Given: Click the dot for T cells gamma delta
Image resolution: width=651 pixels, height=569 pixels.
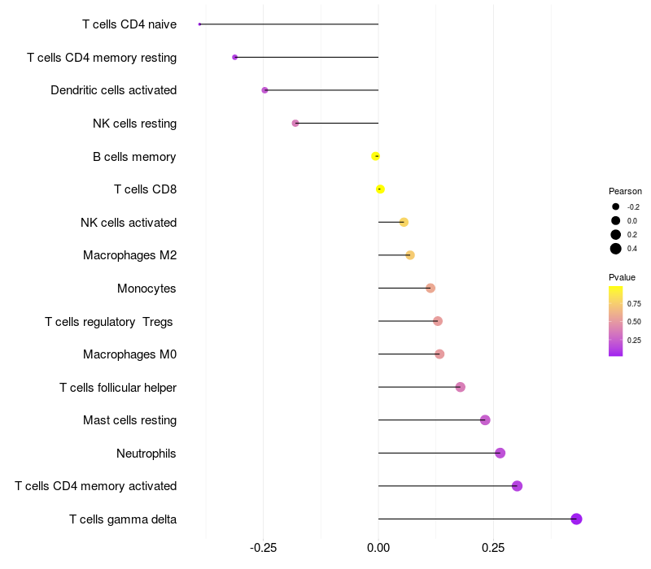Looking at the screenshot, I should pos(576,519).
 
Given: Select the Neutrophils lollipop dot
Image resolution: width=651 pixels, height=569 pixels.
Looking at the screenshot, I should pos(500,453).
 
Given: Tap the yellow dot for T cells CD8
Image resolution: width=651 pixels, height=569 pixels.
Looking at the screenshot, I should pos(380,189).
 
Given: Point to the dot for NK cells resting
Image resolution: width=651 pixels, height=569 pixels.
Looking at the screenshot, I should pos(295,124).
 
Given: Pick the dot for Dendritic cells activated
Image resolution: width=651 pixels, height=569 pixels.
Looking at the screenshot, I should pos(264,90).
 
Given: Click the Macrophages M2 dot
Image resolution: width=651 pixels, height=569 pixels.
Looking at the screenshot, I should pos(410,255).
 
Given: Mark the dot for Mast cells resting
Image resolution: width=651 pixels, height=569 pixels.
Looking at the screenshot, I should pos(485,420).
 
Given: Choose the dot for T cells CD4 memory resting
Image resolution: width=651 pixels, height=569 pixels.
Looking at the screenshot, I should pos(235,57).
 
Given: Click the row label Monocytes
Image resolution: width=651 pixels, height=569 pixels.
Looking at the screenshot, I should pos(146,289).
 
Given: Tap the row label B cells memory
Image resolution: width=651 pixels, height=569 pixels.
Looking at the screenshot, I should pos(134,157).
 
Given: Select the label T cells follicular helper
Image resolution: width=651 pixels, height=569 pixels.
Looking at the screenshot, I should pos(118,387).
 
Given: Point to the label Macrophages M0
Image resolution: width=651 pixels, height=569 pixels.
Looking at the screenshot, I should pos(129,354).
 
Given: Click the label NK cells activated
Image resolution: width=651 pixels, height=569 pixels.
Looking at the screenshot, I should pos(129,223).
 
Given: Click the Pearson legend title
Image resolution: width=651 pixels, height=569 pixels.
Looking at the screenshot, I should pos(625,191).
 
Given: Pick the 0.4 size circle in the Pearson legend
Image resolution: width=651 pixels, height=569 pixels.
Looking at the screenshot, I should pos(616,249).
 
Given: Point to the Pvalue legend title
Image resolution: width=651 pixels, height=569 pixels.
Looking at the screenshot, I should pos(622,277).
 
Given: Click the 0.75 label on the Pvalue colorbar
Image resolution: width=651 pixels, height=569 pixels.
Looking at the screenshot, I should pos(634,304).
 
